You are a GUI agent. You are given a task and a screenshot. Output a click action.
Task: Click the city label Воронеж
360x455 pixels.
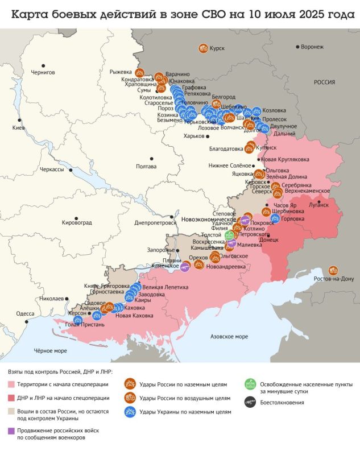pos(312,47)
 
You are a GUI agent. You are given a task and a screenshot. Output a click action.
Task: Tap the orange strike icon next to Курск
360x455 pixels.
pos(202,49)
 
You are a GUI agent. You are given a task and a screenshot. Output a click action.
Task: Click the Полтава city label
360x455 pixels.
pos(147,166)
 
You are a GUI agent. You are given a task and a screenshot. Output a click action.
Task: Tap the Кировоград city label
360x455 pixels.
pos(76,221)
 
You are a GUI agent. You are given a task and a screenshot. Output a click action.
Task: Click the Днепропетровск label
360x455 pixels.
pos(152,223)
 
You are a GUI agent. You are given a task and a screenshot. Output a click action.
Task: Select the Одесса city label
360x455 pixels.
pos(25,313)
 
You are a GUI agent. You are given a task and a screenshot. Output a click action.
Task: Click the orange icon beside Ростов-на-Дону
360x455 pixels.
pos(333,271)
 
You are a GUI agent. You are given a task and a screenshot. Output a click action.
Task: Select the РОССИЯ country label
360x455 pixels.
pos(325,82)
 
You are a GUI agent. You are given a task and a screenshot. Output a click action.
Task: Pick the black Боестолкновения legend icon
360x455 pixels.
pos(249,402)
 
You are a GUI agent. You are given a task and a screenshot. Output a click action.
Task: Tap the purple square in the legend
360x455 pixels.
pos(11,431)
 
